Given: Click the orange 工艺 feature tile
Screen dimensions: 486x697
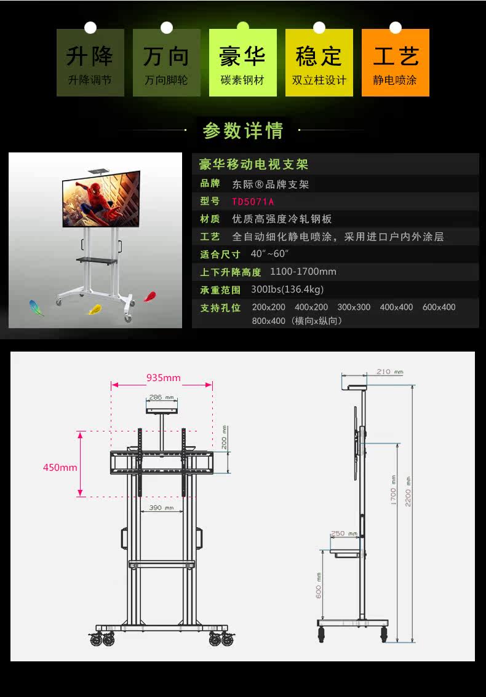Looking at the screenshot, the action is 396,63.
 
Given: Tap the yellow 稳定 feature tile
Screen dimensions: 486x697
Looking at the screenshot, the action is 319,63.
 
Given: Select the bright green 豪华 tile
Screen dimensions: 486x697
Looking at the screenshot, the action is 242,63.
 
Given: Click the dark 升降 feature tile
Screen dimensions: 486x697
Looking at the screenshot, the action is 90,63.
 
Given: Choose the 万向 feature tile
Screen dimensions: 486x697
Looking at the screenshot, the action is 166,63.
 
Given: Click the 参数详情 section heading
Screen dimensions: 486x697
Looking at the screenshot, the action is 243,130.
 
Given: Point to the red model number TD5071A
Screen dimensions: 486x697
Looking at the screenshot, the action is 253,202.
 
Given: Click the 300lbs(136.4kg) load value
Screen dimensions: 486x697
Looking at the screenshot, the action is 287,289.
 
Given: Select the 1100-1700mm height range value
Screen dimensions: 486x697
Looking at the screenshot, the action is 303,272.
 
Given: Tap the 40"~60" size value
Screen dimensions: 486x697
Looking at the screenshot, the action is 269,254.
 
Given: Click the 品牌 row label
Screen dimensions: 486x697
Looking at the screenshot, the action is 210,183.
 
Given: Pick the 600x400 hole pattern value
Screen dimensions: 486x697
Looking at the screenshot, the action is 439,307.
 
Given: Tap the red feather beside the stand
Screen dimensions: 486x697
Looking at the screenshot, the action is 149,297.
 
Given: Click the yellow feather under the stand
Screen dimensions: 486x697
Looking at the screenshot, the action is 95,309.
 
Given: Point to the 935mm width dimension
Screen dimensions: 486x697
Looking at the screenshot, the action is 163,377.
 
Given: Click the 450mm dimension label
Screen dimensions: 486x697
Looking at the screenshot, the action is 60,467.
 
